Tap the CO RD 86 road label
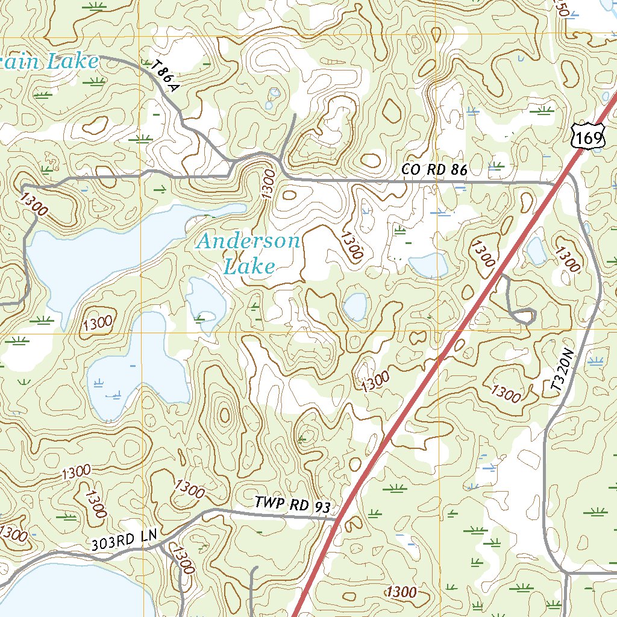(434, 171)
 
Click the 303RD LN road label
(124, 540)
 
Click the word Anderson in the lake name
(249, 242)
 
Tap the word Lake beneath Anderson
(249, 266)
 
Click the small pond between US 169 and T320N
(536, 252)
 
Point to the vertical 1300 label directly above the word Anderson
(268, 184)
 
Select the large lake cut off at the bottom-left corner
(60, 590)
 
